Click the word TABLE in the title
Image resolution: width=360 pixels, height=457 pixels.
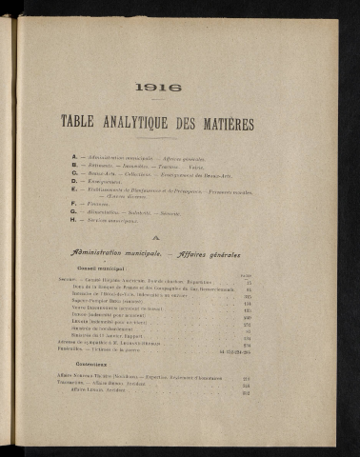pos(81,122)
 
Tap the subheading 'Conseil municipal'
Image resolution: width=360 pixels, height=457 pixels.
pos(101,269)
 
